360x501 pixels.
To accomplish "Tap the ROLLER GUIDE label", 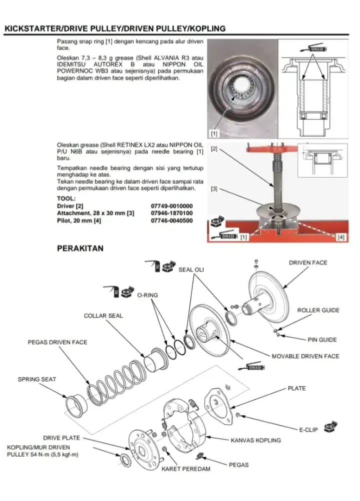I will [x=318, y=310].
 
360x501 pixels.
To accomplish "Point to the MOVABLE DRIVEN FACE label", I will [x=305, y=356].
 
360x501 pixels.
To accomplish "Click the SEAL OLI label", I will [x=191, y=270].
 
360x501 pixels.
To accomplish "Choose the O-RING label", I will [x=147, y=295].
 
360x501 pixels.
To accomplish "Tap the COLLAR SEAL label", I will [x=103, y=316].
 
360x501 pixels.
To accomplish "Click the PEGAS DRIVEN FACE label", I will [x=57, y=342].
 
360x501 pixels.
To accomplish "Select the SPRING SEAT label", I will [x=37, y=379].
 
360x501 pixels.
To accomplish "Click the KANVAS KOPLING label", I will [x=255, y=440].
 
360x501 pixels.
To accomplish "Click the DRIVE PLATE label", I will [x=61, y=437].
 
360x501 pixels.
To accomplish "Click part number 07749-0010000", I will [x=172, y=206].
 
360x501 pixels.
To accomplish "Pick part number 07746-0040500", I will [x=172, y=220].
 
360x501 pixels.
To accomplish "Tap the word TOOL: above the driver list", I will [x=66, y=198].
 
